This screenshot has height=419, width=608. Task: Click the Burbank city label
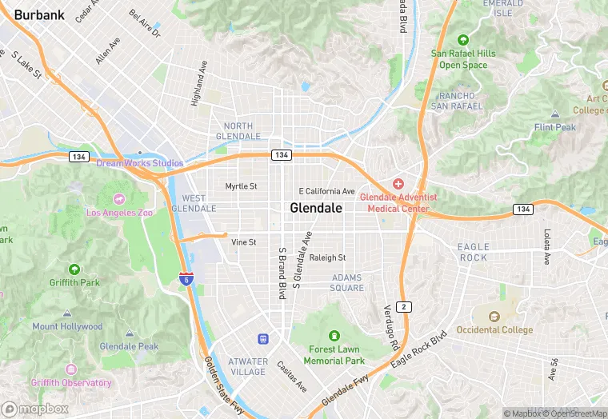pyautogui.click(x=39, y=14)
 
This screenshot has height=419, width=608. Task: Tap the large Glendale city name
pyautogui.click(x=316, y=208)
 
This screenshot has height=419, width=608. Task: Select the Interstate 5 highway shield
pyautogui.click(x=185, y=279)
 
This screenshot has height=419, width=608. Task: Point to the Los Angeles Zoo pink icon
pyautogui.click(x=119, y=198)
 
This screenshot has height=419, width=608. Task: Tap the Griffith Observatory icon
pyautogui.click(x=71, y=369)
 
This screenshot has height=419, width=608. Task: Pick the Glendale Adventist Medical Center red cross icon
pyautogui.click(x=398, y=184)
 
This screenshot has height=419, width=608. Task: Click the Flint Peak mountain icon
pyautogui.click(x=555, y=114)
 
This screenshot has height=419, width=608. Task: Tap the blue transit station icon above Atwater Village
pyautogui.click(x=262, y=340)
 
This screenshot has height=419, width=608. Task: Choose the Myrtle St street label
pyautogui.click(x=241, y=186)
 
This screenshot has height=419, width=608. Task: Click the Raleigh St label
pyautogui.click(x=327, y=257)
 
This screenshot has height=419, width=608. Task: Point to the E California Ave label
pyautogui.click(x=326, y=191)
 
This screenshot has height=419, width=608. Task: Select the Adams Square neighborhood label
pyautogui.click(x=347, y=282)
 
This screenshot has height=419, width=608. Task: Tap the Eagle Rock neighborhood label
pyautogui.click(x=473, y=252)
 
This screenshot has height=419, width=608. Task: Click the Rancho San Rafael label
pyautogui.click(x=458, y=101)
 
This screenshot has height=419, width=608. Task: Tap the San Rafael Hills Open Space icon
pyautogui.click(x=462, y=40)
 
